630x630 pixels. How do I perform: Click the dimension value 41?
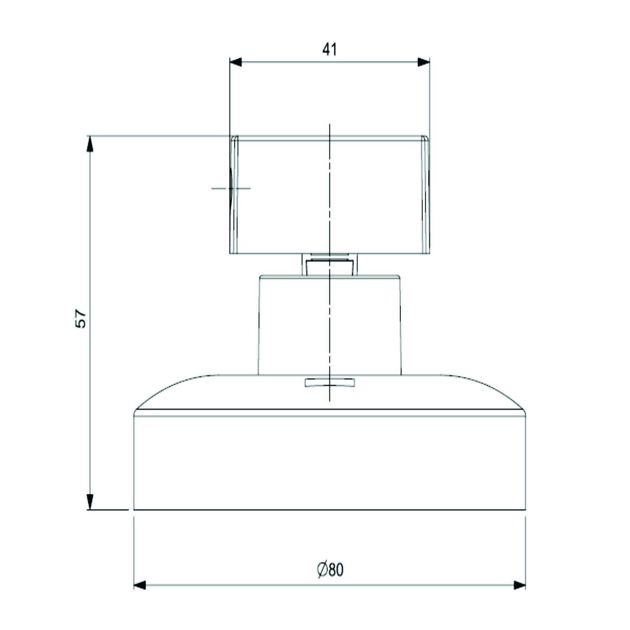pos(330,50)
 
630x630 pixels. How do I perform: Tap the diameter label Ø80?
pos(330,570)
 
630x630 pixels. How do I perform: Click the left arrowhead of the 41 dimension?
pos(236,62)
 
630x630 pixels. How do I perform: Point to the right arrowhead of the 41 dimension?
pos(424,62)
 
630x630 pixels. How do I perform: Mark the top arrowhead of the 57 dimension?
pos(89,144)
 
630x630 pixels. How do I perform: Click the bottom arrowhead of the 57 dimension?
pos(89,502)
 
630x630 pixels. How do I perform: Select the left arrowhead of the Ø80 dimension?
pos(140,585)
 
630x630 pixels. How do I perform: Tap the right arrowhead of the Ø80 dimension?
pos(520,585)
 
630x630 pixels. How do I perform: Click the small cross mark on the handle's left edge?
pos(231,188)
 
